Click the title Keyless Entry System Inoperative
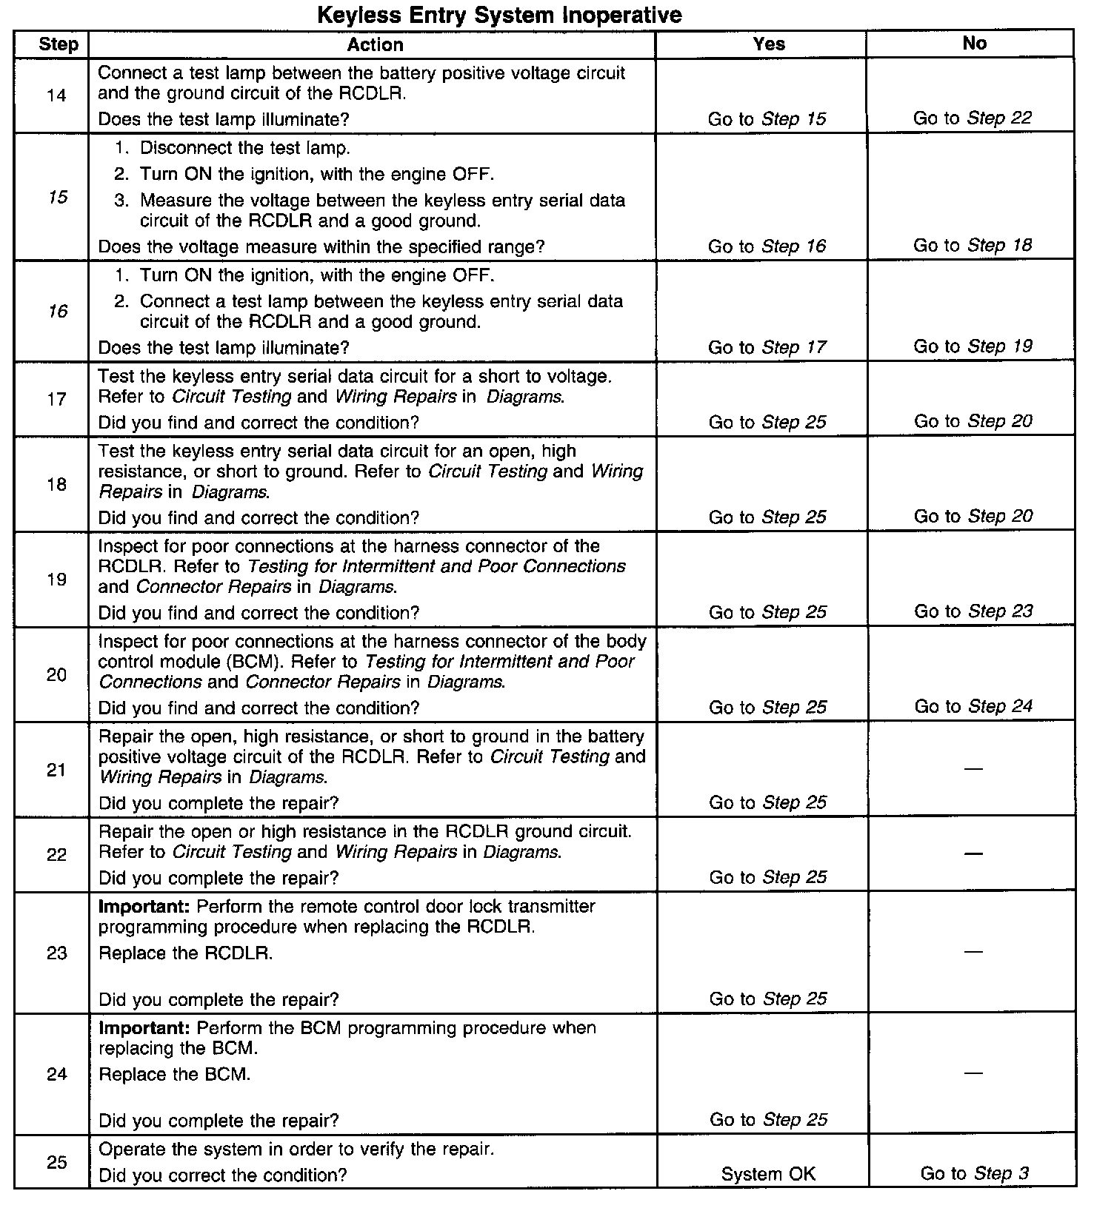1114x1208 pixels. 499,15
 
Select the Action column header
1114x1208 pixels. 375,44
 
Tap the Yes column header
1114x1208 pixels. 768,44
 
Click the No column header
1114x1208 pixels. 974,44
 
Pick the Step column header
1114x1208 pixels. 58,44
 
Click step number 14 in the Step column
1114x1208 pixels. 56,95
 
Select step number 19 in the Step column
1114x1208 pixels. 57,580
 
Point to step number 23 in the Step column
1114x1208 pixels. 57,953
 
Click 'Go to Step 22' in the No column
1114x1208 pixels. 972,118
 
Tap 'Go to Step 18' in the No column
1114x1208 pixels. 972,246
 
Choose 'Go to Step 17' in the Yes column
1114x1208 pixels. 767,347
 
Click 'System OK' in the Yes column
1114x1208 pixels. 768,1174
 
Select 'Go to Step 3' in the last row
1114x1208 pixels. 974,1173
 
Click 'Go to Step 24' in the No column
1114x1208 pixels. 973,707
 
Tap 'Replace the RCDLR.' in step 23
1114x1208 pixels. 185,953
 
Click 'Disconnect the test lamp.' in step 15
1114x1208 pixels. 244,148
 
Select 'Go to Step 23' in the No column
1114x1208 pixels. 973,611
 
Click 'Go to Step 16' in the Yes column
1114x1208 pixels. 767,246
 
